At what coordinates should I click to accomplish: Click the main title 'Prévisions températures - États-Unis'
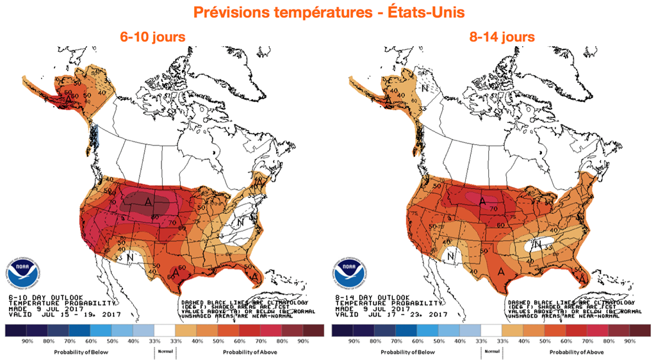click(327, 13)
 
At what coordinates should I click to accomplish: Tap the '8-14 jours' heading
click(502, 37)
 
